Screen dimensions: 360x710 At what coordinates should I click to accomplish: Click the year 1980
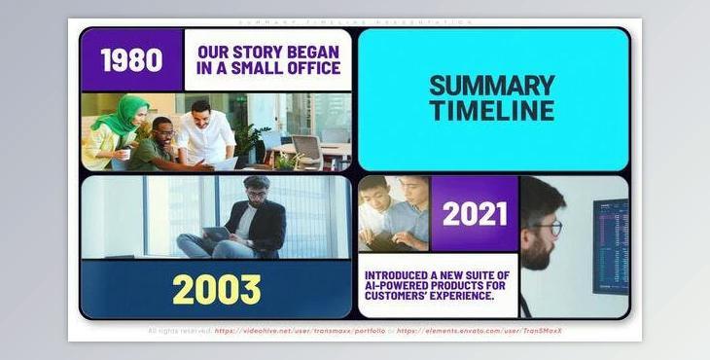[x=131, y=60]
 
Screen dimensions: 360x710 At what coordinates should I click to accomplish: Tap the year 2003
[x=217, y=289]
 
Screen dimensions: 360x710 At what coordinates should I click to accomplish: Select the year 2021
[x=475, y=213]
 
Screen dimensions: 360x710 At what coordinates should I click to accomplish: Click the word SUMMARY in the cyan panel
[x=492, y=86]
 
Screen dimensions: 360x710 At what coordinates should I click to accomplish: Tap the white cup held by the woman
[x=124, y=154]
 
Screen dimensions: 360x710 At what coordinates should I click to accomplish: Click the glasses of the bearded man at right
[x=547, y=228]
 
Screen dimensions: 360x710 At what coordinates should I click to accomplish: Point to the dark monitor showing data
[x=610, y=245]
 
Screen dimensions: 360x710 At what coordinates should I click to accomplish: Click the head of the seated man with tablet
[x=255, y=188]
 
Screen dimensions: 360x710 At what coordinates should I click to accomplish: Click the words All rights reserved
[x=179, y=331]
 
